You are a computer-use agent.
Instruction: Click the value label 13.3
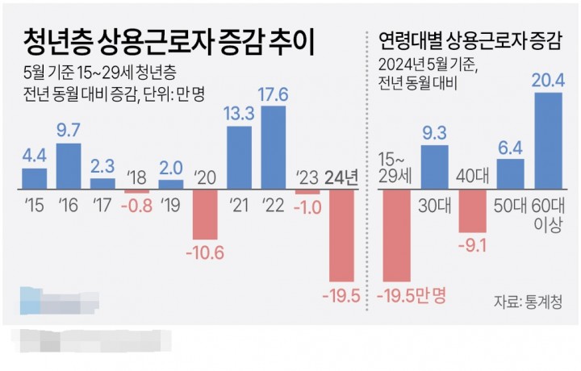(x=238, y=114)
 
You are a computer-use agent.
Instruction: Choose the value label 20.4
(x=548, y=80)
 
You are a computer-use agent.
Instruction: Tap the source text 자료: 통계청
(x=528, y=301)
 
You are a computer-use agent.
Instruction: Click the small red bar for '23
(x=307, y=192)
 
